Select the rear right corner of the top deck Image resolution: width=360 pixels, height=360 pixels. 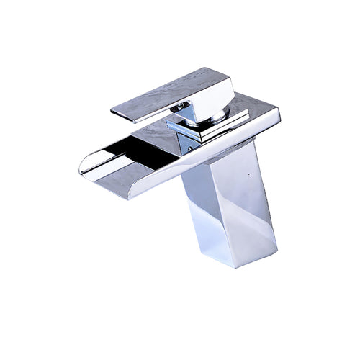tap(277, 112)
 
